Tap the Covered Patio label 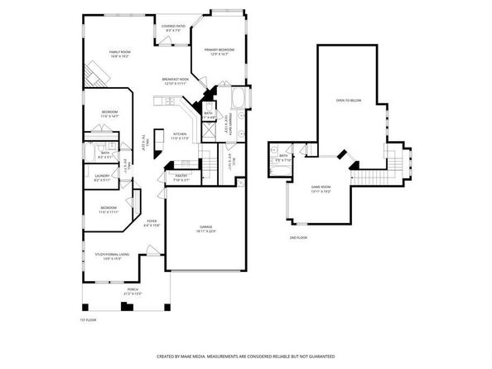[x=172, y=28]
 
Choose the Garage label [x=205, y=228]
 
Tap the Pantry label [x=181, y=177]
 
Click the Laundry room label [x=104, y=177]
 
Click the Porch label [x=131, y=292]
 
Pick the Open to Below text [x=348, y=100]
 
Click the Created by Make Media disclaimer [x=246, y=356]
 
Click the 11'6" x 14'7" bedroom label [x=109, y=114]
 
